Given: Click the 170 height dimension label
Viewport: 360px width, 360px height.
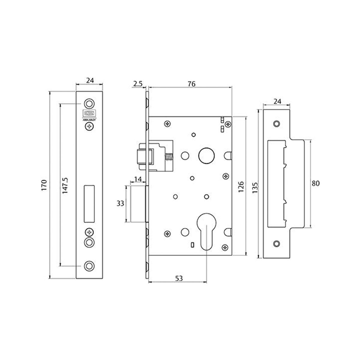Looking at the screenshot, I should point(44,185).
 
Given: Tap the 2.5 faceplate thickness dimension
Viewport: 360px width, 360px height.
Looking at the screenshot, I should point(137,84).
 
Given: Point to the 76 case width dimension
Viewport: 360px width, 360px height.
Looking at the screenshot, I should point(191,84).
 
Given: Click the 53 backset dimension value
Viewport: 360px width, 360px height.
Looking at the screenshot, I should point(179,278).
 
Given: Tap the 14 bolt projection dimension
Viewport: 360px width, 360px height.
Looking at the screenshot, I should point(138,179).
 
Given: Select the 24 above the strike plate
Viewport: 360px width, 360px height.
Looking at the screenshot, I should point(277,101).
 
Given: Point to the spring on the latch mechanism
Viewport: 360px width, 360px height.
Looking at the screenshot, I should point(169,157).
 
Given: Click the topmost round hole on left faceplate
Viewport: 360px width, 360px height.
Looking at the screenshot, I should point(89,103).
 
